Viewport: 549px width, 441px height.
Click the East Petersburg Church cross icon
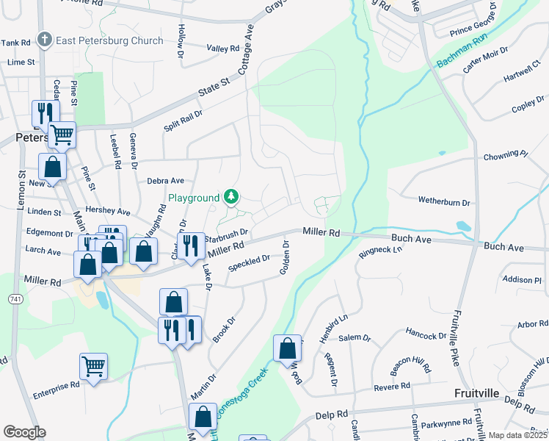click(x=45, y=40)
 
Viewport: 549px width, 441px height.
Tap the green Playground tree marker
click(x=231, y=196)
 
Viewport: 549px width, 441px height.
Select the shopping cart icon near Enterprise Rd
click(x=93, y=365)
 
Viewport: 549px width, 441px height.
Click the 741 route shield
click(x=15, y=299)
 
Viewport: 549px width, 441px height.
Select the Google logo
click(x=24, y=431)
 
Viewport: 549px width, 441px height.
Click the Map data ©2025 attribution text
click(x=517, y=435)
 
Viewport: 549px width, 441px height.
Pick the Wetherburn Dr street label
click(x=443, y=201)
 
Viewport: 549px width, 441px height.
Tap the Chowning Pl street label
click(x=505, y=156)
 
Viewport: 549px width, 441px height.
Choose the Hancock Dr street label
click(x=426, y=336)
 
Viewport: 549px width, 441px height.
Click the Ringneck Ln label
click(x=381, y=251)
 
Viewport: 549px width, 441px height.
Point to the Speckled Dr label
click(x=249, y=262)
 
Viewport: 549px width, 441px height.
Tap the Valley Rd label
click(x=223, y=49)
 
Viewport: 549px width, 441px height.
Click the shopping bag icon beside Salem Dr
click(x=287, y=348)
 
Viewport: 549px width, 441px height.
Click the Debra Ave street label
click(x=165, y=180)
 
